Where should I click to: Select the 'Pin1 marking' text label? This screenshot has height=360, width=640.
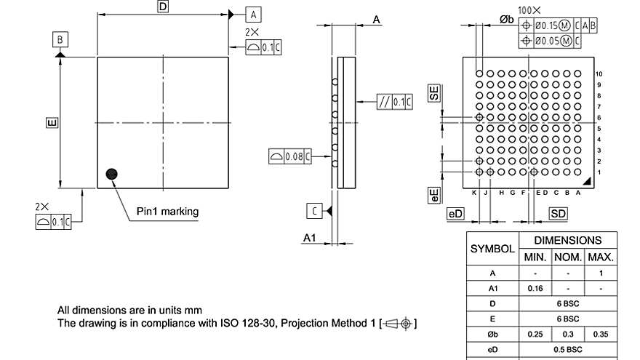[x=167, y=212]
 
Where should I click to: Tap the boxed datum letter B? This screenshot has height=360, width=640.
[x=60, y=39]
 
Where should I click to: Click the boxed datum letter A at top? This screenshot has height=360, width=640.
[x=252, y=14]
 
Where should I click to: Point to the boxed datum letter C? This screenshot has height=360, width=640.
[x=314, y=211]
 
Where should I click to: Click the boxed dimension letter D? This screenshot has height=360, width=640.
[x=163, y=7]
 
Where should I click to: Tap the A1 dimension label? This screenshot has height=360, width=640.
[x=310, y=237]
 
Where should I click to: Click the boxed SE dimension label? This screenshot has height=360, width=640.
[x=434, y=93]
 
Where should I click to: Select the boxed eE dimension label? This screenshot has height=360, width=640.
[x=434, y=194]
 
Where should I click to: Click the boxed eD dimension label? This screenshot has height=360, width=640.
[x=455, y=213]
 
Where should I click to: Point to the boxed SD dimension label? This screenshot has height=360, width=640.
[x=558, y=213]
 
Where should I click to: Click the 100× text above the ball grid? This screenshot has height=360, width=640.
[x=529, y=10]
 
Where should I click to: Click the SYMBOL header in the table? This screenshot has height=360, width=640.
[x=492, y=248]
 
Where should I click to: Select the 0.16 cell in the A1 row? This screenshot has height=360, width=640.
[x=535, y=288]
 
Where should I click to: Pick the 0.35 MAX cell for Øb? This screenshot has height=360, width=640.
[x=601, y=334]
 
